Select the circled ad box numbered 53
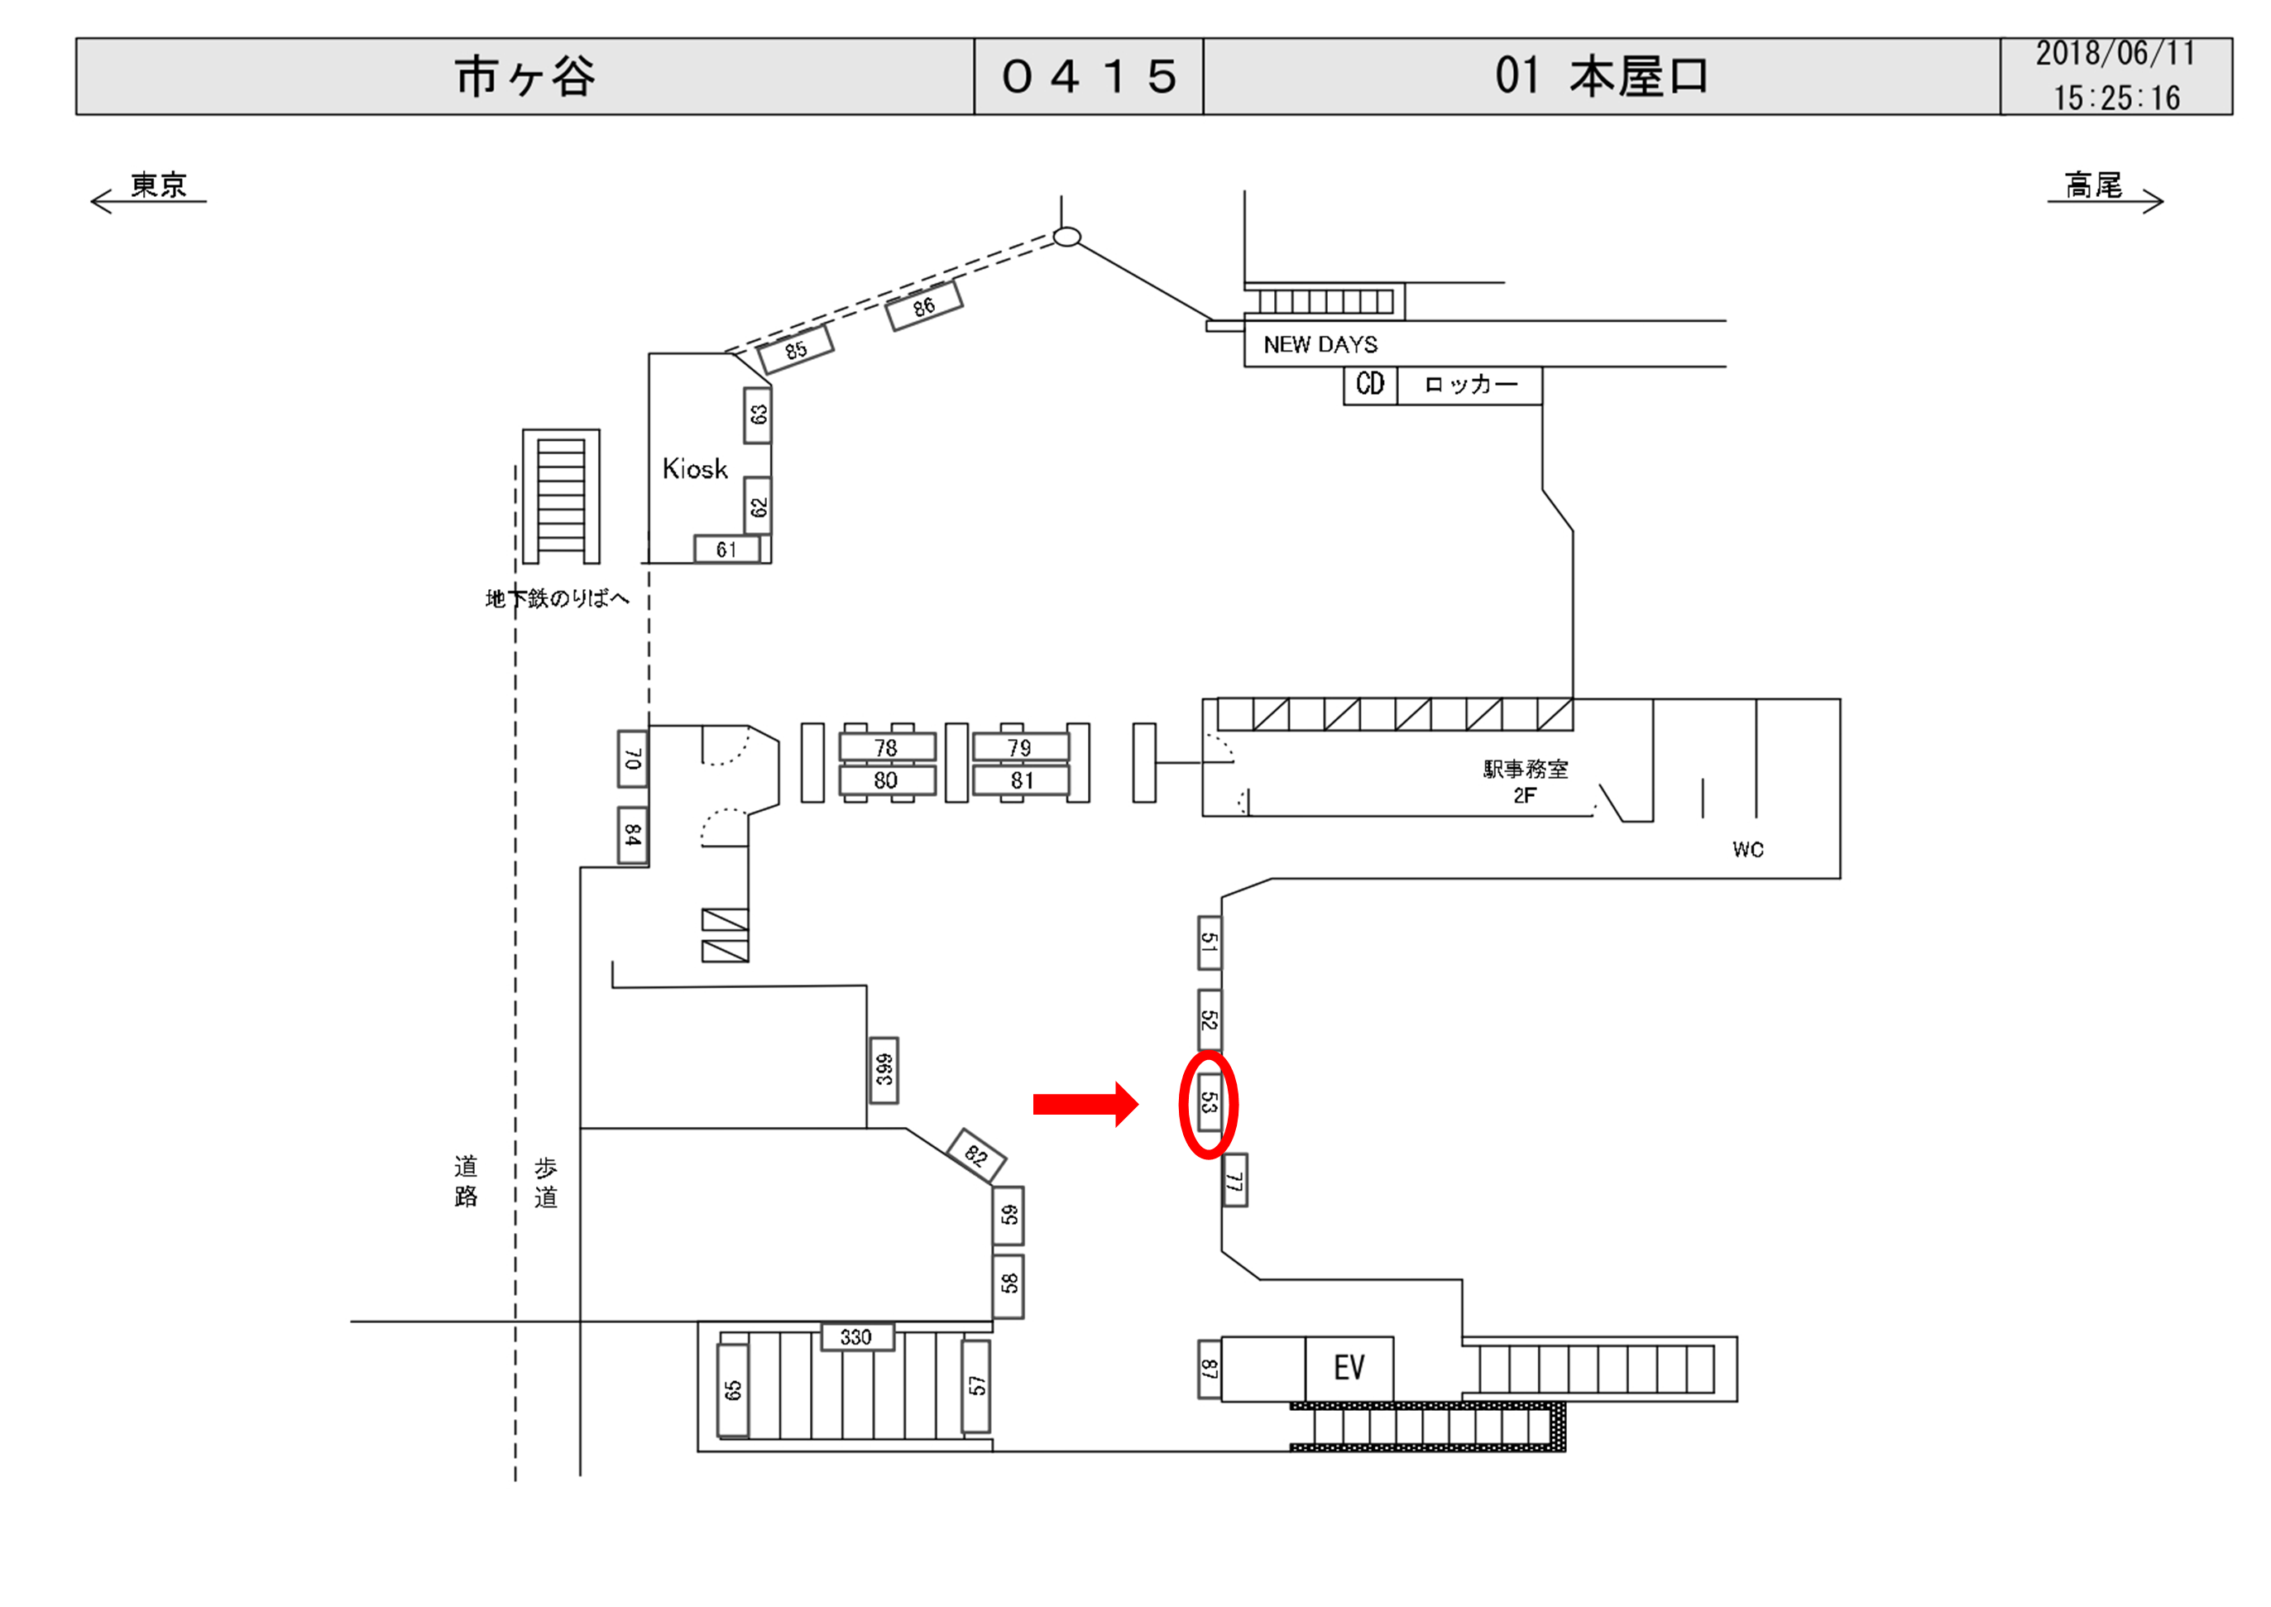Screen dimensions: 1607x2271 (1209, 1102)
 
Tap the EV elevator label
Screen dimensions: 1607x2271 (1349, 1368)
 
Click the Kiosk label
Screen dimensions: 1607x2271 (694, 469)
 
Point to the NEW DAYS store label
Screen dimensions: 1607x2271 (1320, 344)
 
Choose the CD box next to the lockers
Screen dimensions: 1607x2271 (1370, 384)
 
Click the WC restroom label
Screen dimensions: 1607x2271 (1748, 849)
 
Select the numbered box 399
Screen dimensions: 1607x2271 (884, 1070)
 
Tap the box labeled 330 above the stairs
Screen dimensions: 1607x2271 (856, 1337)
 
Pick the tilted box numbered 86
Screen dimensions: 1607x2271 (924, 306)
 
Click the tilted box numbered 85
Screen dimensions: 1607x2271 (795, 350)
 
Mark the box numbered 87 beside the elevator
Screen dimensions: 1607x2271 (1209, 1370)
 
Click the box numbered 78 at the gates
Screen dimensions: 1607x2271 (886, 747)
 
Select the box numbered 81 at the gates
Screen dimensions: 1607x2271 (1022, 780)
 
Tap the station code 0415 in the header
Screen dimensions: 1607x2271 (1089, 77)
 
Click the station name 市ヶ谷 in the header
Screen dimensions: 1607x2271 (525, 77)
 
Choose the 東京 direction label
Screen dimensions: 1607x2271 (158, 185)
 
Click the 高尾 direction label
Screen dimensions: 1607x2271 (2093, 185)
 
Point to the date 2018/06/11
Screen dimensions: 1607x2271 (2115, 55)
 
